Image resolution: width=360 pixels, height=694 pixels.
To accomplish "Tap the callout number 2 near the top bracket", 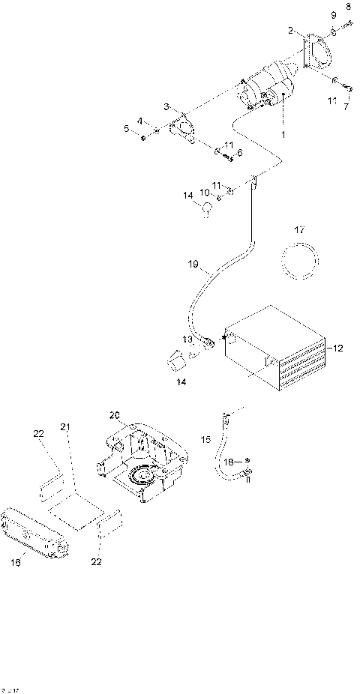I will click(x=290, y=30).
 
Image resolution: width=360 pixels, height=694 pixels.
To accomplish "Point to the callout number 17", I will click(x=299, y=229).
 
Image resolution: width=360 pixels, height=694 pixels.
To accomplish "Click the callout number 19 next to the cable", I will click(x=193, y=264).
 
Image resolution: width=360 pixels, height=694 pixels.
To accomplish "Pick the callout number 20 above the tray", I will click(x=114, y=414).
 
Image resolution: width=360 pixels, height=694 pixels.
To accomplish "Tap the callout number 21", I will click(x=65, y=426).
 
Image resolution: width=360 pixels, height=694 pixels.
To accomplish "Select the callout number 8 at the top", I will click(x=348, y=7).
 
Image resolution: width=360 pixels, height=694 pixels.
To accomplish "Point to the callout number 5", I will click(x=127, y=129).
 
